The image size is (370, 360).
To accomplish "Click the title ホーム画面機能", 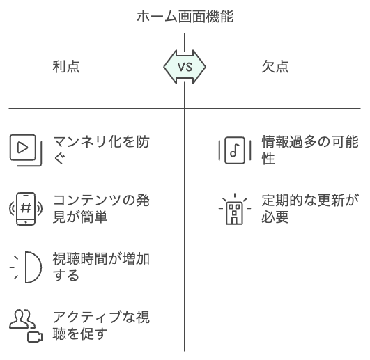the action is coord(185,17).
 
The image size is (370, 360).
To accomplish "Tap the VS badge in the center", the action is coord(185,67).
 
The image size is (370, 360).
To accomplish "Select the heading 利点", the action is coord(66,66).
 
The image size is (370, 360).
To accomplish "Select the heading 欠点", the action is coord(275,66).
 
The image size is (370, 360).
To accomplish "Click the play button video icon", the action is coord(26,150).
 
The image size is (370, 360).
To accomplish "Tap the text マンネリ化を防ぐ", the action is coord(101,150).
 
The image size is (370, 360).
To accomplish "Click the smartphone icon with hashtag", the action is coord(26,209).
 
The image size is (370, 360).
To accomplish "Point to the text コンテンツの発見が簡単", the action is coord(101,209).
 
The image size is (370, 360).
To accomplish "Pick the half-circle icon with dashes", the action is coord(26,267).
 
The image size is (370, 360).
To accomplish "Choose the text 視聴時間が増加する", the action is coord(101,267).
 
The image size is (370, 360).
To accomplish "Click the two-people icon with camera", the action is coord(26,326).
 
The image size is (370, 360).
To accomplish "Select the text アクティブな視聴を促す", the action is coord(101,326).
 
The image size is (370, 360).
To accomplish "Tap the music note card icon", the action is coord(235,150).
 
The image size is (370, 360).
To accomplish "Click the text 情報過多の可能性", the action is coord(310,150).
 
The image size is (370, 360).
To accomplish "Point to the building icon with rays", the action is coord(235,209).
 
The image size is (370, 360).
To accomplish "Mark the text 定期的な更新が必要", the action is coord(310,209).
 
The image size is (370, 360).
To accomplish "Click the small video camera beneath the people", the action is coord(35,337).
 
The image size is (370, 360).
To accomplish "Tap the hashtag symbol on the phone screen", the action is coord(26,208).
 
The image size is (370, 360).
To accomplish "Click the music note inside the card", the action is coord(235,150).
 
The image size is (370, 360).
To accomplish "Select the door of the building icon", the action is coord(234,220).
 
